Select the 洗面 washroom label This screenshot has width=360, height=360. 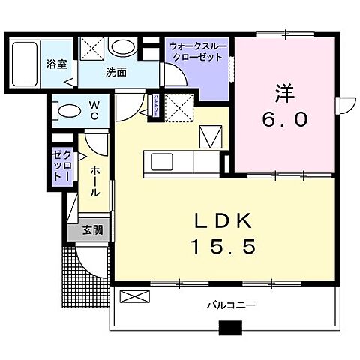pyautogui.click(x=115, y=73)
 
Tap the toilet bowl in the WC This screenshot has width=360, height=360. pyautogui.click(x=67, y=112)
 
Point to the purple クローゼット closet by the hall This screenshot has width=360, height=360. pyautogui.click(x=61, y=163)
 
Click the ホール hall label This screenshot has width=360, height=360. pyautogui.click(x=94, y=181)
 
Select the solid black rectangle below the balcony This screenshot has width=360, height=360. pyautogui.click(x=230, y=327)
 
